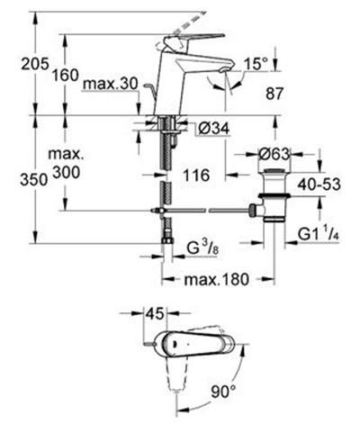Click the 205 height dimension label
(x=34, y=64)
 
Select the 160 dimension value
(x=65, y=75)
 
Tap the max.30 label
(x=110, y=84)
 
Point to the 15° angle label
(x=256, y=64)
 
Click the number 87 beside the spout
(x=274, y=94)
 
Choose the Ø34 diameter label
(x=214, y=129)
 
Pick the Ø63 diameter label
(x=274, y=154)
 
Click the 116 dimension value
(x=196, y=175)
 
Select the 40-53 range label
(x=319, y=185)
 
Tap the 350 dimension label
(x=33, y=180)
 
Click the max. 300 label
(x=67, y=163)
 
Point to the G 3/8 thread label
(x=202, y=248)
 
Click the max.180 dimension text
(x=217, y=279)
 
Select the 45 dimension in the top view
(x=155, y=313)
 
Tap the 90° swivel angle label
(x=224, y=392)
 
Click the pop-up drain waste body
(x=274, y=195)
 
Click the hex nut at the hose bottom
(x=167, y=240)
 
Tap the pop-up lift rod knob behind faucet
(x=149, y=87)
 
